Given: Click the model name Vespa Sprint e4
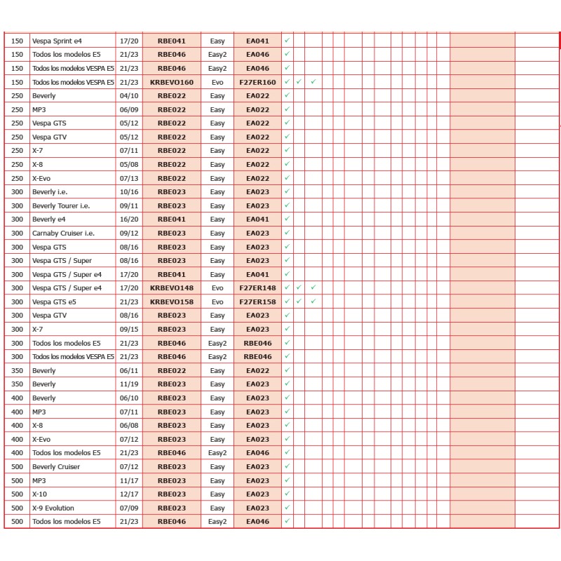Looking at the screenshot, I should pyautogui.click(x=57, y=41).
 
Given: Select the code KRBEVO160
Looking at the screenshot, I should pyautogui.click(x=172, y=82).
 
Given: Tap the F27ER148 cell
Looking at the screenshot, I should pyautogui.click(x=257, y=288).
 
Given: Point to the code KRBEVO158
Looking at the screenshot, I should pyautogui.click(x=172, y=302).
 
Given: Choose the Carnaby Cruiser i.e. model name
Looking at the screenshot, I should pyautogui.click(x=63, y=233).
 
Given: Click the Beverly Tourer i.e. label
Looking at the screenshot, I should pyautogui.click(x=61, y=205).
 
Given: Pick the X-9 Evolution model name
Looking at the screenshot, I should pyautogui.click(x=53, y=508).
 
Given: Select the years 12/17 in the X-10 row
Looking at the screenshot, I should pyautogui.click(x=129, y=494).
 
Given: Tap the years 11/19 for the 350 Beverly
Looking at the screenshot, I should pyautogui.click(x=129, y=384).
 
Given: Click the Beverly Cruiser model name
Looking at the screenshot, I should pyautogui.click(x=56, y=467).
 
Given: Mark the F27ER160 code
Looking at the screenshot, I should pyautogui.click(x=257, y=82).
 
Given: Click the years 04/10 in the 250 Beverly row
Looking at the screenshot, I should pyautogui.click(x=129, y=95).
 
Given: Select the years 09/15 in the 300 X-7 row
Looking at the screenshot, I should pyautogui.click(x=129, y=329).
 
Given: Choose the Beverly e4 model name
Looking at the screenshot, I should pyautogui.click(x=48, y=219).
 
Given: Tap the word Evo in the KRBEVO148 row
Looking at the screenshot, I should pyautogui.click(x=217, y=288).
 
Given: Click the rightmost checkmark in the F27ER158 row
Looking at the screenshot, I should pyautogui.click(x=313, y=301).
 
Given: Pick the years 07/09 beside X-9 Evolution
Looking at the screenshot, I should pyautogui.click(x=129, y=508).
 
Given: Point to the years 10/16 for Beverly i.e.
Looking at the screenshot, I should pyautogui.click(x=129, y=191).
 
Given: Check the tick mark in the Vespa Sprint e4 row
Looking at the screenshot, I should pyautogui.click(x=287, y=40).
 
